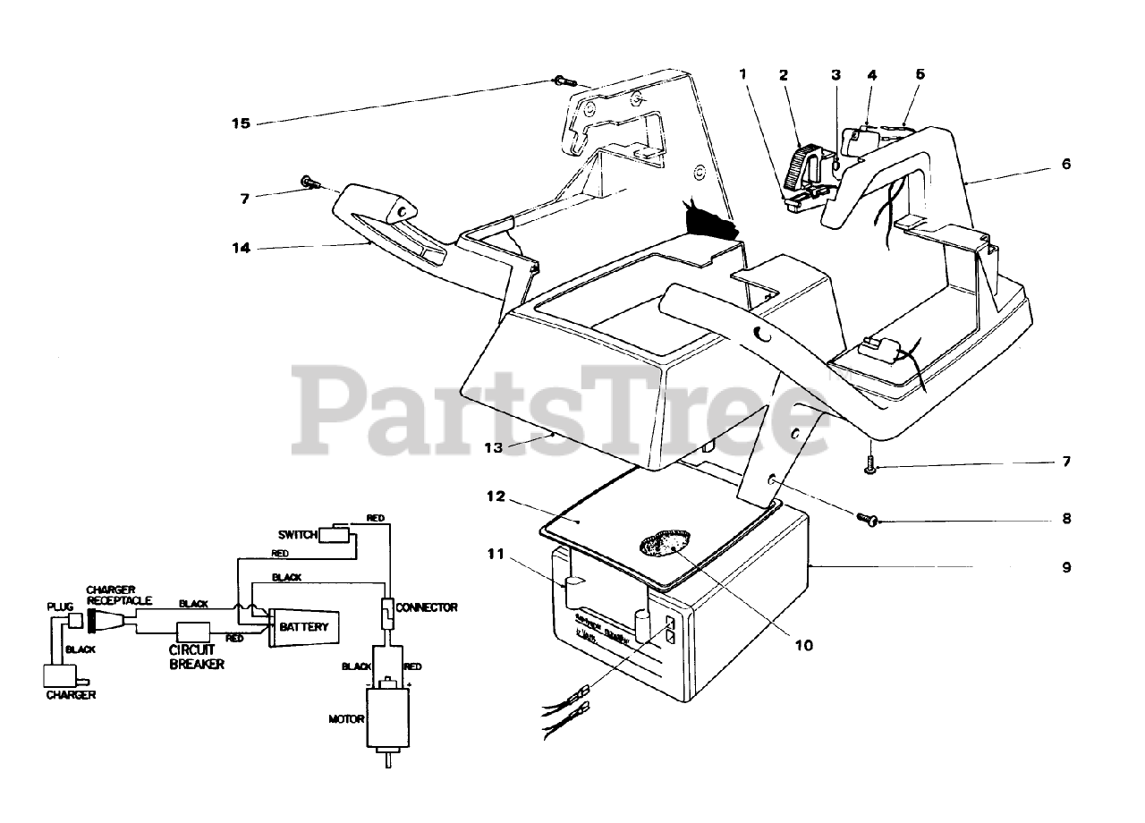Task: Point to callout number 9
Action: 1065,567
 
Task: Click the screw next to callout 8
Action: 867,518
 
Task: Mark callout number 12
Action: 496,496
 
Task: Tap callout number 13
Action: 496,447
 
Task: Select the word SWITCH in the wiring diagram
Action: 298,534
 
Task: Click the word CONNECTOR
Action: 428,607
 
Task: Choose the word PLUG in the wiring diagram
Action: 58,607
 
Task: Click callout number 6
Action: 1065,165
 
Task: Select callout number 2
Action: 784,75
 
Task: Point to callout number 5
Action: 920,75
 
